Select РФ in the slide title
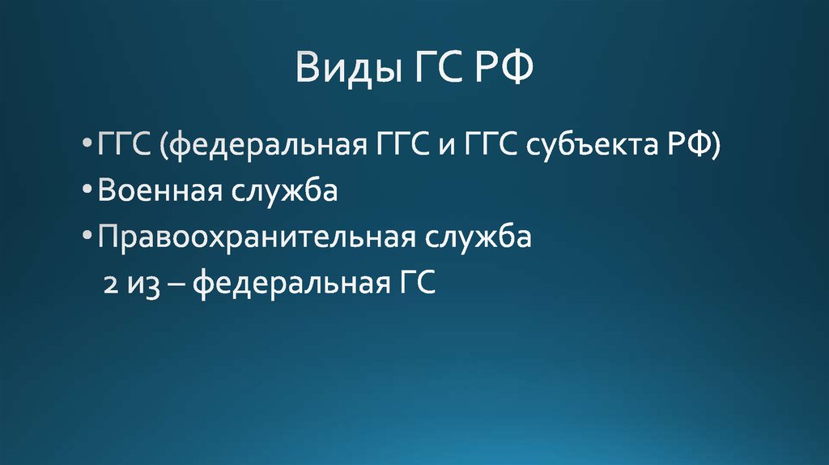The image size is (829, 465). click(x=505, y=66)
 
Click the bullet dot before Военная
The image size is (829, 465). click(x=87, y=193)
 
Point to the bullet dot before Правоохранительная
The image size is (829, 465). click(x=87, y=239)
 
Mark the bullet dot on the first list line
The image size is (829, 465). click(x=87, y=147)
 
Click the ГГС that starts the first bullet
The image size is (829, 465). click(x=122, y=147)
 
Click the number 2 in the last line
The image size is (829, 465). click(x=109, y=284)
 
